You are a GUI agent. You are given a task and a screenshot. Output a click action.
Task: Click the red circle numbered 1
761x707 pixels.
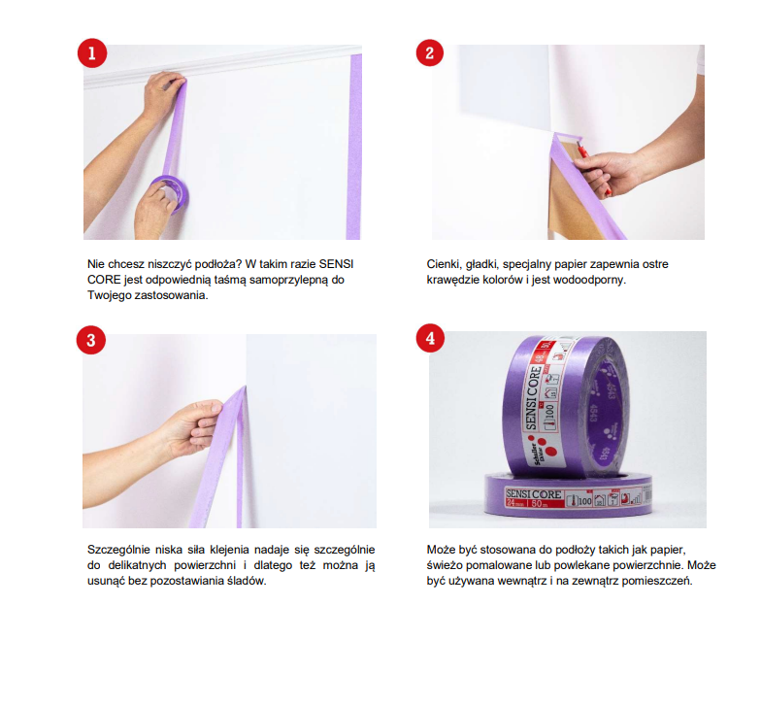[91, 52]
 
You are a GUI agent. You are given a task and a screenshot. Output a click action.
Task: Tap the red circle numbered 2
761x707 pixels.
[429, 52]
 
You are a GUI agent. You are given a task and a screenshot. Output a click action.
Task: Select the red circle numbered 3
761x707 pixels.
[91, 340]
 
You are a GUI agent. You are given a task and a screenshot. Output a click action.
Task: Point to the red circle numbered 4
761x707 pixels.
[430, 338]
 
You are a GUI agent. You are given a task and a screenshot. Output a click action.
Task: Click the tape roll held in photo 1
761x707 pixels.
[169, 194]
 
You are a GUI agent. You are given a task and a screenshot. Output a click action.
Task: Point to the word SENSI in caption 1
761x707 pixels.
[336, 264]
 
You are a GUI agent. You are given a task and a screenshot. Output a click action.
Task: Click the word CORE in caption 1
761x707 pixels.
[104, 280]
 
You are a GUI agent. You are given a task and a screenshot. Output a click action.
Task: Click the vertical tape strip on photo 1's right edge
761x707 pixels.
[354, 146]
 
